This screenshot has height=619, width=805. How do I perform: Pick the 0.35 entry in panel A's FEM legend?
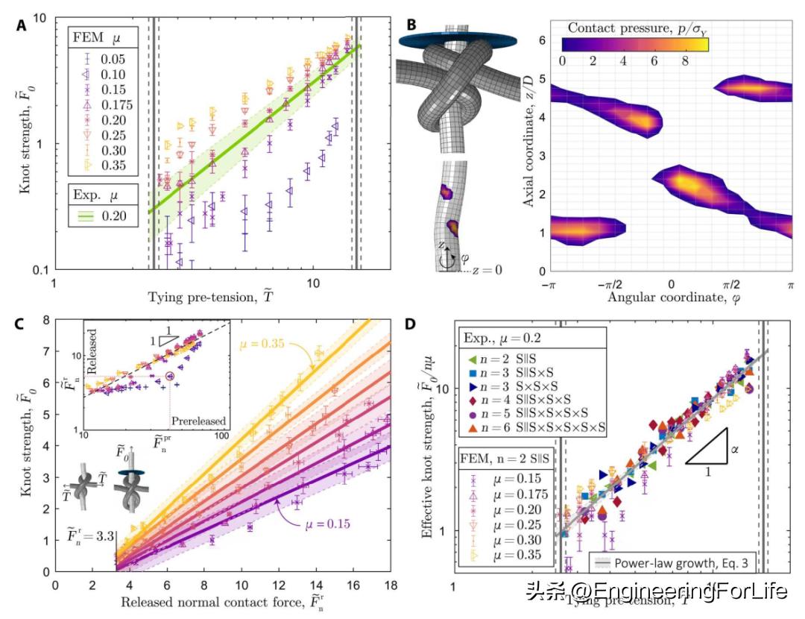click(x=101, y=163)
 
